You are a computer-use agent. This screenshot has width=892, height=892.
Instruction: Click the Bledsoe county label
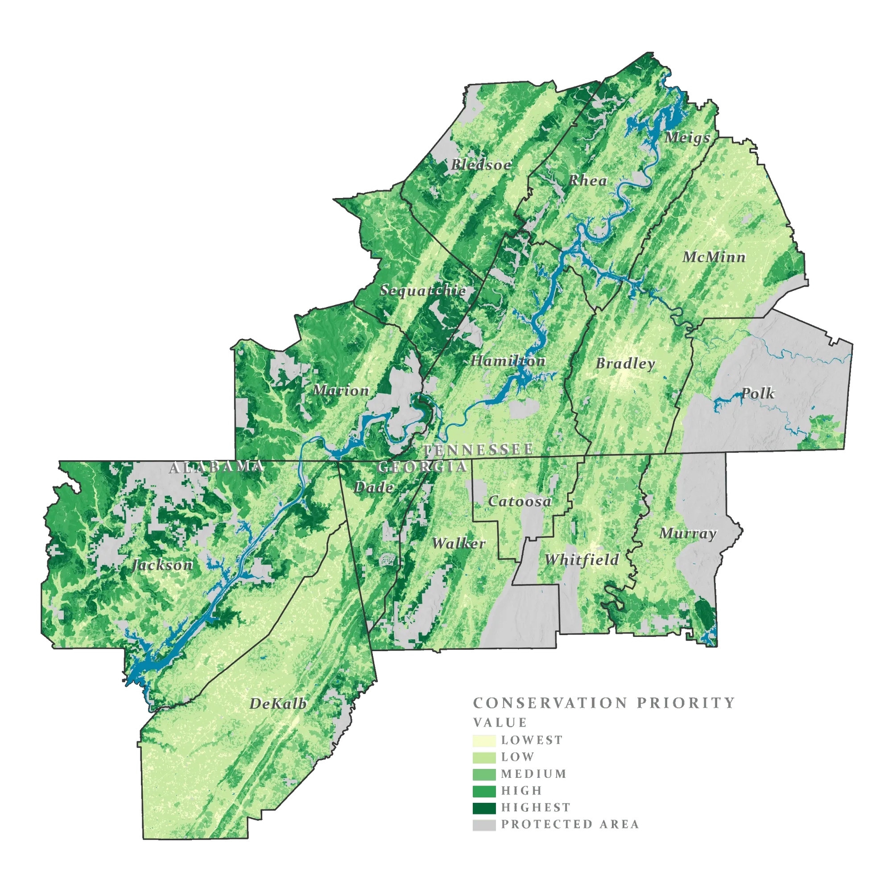481,165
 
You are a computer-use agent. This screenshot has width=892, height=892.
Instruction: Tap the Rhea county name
587,181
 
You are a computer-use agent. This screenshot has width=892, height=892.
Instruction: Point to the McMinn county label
714,257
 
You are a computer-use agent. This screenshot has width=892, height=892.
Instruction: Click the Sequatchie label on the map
423,291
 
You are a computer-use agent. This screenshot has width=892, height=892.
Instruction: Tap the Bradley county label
625,363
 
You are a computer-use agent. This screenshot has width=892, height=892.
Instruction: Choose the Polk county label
757,393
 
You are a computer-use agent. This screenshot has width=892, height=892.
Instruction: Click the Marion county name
341,391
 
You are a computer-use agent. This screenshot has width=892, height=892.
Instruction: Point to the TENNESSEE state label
478,449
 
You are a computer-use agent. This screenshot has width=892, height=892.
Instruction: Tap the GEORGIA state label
422,467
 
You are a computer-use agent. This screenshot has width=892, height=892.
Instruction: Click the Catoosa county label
520,501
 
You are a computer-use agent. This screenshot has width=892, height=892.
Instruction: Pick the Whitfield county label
582,560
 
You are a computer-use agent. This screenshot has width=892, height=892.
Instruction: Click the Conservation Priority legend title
603,703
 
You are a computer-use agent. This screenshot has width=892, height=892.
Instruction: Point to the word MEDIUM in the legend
534,773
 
